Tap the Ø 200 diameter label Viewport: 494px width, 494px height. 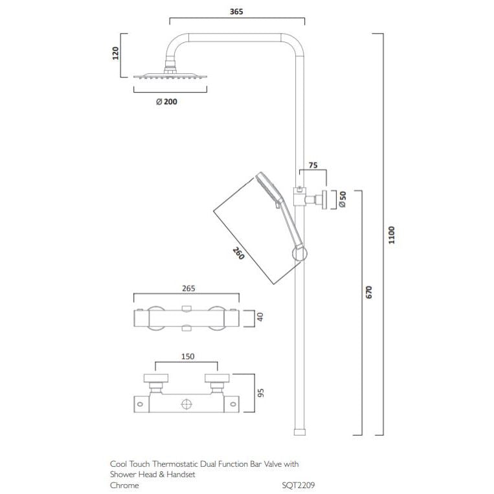(x=166, y=102)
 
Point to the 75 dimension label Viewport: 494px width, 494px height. (x=313, y=165)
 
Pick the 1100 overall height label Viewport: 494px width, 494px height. (x=390, y=234)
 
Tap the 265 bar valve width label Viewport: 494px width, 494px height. (x=188, y=289)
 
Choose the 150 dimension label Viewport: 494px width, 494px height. (x=187, y=356)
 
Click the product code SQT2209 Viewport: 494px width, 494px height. (x=298, y=484)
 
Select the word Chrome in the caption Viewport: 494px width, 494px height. (x=124, y=484)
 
